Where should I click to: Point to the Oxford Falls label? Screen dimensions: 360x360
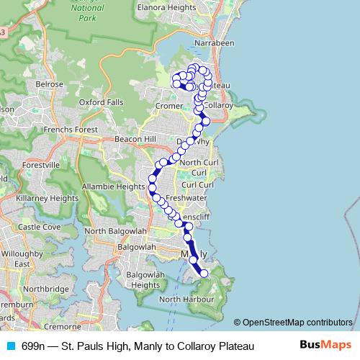pyautogui.click(x=101, y=102)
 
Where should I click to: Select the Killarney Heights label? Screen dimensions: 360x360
pyautogui.click(x=48, y=198)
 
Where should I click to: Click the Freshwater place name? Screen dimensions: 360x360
pyautogui.click(x=186, y=197)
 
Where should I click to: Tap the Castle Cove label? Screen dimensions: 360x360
pyautogui.click(x=40, y=227)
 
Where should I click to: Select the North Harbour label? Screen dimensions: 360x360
pyautogui.click(x=185, y=299)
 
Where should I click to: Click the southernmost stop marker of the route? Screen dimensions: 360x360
pyautogui.click(x=204, y=273)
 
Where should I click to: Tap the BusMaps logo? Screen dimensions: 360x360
pyautogui.click(x=325, y=346)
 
